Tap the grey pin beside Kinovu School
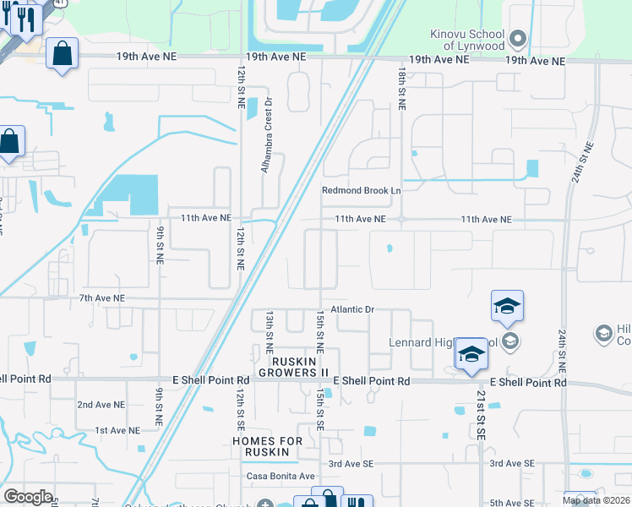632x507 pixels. [519, 38]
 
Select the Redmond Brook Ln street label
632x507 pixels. [361, 191]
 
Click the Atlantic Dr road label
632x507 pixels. [352, 310]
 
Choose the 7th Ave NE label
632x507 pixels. [101, 298]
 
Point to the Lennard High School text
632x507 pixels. [440, 343]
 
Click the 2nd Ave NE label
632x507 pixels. [101, 405]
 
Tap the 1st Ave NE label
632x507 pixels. [117, 430]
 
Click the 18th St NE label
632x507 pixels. [401, 89]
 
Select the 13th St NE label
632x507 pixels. [270, 330]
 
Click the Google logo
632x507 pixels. [28, 497]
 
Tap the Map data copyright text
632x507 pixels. [597, 500]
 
